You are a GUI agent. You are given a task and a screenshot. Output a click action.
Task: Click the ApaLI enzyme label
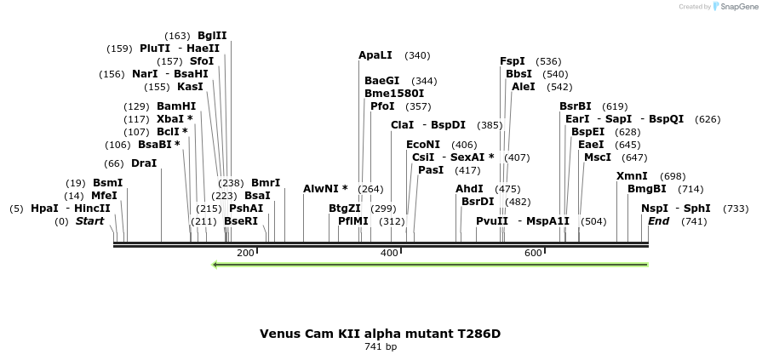click(375, 55)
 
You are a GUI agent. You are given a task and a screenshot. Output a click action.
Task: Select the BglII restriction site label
click(212, 36)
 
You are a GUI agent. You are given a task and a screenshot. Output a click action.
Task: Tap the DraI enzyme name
click(144, 163)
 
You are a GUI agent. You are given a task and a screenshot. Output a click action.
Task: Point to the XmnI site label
click(632, 176)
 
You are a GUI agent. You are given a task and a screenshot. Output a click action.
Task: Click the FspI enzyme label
click(513, 61)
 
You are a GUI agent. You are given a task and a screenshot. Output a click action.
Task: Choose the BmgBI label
click(647, 189)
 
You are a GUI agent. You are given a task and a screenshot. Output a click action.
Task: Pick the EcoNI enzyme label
click(423, 145)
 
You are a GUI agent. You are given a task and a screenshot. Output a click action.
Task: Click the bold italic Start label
click(89, 221)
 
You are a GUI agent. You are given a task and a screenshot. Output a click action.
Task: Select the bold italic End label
click(659, 221)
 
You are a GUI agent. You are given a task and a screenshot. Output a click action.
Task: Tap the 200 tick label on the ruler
click(245, 253)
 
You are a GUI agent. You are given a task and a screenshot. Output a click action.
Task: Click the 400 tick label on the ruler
click(390, 253)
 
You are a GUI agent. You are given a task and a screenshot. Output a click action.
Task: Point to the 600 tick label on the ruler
click(534, 253)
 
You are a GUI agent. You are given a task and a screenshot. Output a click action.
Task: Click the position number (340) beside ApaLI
click(417, 55)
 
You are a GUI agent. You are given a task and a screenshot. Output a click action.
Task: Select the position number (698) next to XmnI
click(673, 176)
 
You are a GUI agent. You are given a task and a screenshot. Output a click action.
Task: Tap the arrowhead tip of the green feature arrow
click(214, 264)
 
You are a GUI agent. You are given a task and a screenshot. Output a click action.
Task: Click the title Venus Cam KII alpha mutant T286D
click(381, 333)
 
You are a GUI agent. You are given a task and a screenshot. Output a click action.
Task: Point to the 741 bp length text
click(381, 346)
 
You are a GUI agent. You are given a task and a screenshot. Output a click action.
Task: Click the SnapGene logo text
click(736, 7)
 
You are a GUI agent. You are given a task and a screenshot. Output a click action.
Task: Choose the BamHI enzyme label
click(176, 106)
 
